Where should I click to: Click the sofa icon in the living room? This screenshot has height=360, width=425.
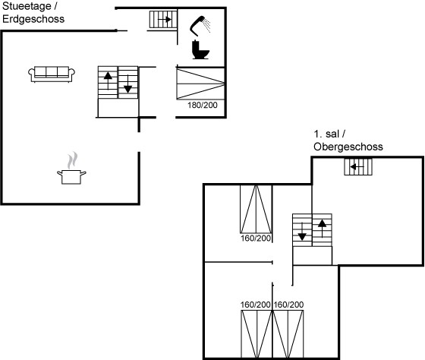(x=52, y=74)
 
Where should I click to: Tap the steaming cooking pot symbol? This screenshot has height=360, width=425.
(x=71, y=169)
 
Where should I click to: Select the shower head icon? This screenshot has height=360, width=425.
(x=200, y=26)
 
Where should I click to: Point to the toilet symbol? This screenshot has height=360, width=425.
(x=200, y=49)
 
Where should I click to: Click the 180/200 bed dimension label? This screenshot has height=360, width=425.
(x=203, y=105)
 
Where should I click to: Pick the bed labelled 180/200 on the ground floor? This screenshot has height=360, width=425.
(x=200, y=84)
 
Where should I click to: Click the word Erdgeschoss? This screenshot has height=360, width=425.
(x=33, y=19)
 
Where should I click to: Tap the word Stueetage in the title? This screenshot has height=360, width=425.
(x=27, y=6)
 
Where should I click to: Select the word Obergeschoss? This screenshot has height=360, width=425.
(x=348, y=147)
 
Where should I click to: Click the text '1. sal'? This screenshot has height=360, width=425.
(x=326, y=134)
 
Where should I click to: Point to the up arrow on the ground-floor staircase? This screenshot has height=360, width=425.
(x=108, y=81)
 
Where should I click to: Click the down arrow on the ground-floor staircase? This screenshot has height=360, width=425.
(x=127, y=84)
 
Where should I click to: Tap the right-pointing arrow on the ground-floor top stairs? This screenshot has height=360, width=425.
(x=165, y=19)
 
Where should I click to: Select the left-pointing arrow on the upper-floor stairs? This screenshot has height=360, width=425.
(x=357, y=166)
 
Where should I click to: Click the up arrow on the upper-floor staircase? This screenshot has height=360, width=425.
(x=322, y=229)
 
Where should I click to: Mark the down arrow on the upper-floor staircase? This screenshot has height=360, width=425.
(x=302, y=232)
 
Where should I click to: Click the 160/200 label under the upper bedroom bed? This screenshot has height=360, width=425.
(x=256, y=238)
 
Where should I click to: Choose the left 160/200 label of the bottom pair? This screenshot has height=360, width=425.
(x=256, y=305)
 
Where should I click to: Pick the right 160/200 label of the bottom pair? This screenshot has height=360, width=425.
(x=288, y=305)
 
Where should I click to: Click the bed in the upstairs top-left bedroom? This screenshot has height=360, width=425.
(x=256, y=209)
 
